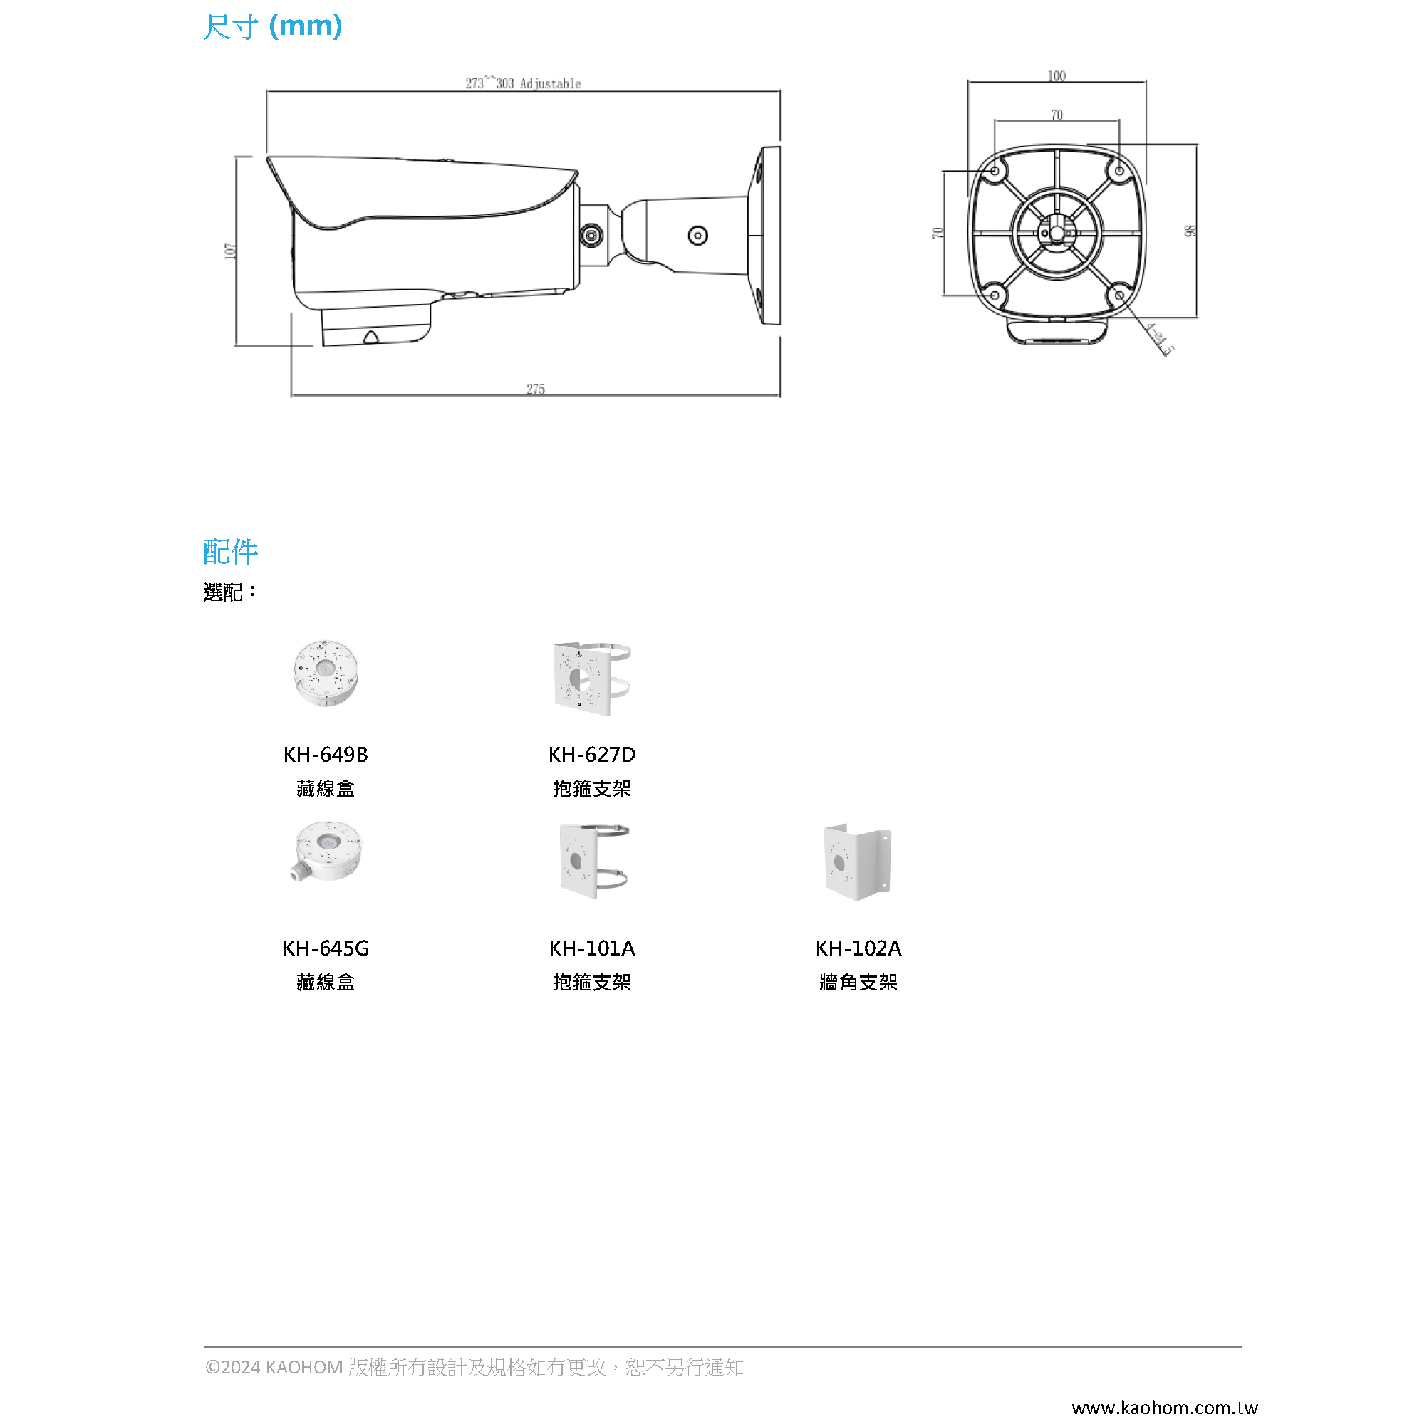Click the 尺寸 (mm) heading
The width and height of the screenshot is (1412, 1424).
tap(272, 26)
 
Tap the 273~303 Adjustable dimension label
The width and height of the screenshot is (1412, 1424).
tap(523, 83)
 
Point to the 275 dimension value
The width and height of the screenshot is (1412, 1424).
tap(535, 389)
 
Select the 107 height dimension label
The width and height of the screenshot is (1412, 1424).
tap(230, 251)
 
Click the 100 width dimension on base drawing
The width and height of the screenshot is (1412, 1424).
tap(1056, 76)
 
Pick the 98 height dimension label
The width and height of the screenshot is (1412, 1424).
tap(1188, 231)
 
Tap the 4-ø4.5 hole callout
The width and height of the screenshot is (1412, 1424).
tap(1159, 339)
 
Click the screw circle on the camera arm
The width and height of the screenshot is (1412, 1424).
tap(697, 235)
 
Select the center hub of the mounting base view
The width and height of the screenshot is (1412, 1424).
tap(1056, 234)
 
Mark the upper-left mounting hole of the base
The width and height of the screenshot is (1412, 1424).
tap(994, 171)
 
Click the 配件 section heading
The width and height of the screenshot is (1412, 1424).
tap(230, 550)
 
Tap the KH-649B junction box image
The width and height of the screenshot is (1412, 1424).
tap(325, 673)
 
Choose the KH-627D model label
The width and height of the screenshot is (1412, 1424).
tap(591, 754)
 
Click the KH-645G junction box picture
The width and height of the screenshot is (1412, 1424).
tap(326, 852)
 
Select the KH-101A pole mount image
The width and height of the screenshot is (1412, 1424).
tap(592, 861)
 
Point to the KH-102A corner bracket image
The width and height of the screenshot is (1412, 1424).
tap(857, 862)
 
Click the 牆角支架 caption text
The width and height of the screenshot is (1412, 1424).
tap(858, 982)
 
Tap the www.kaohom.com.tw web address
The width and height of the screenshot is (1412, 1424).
tap(1163, 1407)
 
